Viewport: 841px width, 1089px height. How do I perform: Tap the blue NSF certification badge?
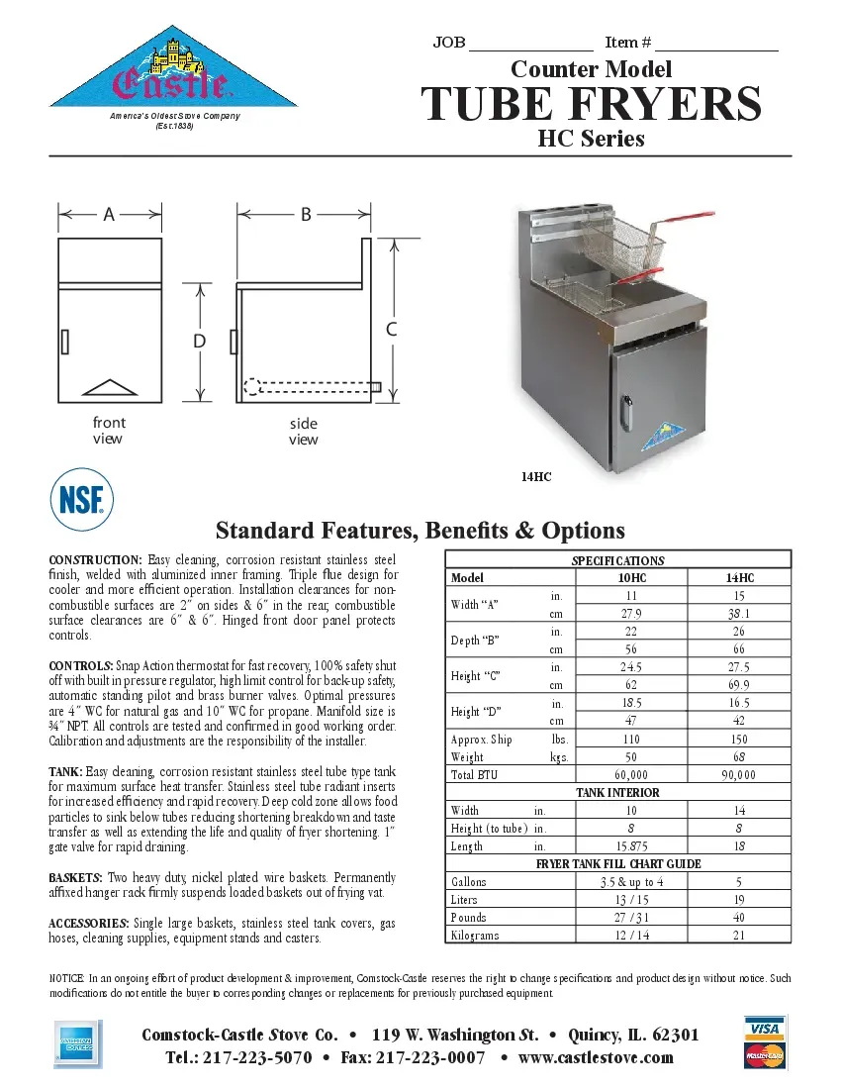pyautogui.click(x=81, y=499)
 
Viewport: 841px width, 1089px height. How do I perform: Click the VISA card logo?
pyautogui.click(x=764, y=1029)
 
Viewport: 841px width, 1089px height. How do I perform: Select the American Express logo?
pyautogui.click(x=77, y=1043)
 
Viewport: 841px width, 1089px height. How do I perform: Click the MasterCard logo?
pyautogui.click(x=764, y=1055)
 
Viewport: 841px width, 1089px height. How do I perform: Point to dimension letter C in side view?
pyautogui.click(x=392, y=330)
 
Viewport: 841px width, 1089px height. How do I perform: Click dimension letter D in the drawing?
pyautogui.click(x=199, y=341)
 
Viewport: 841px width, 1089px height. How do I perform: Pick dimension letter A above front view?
pyautogui.click(x=109, y=213)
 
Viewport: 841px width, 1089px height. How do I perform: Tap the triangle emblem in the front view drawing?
pyautogui.click(x=110, y=386)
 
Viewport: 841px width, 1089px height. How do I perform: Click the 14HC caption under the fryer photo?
pyautogui.click(x=535, y=477)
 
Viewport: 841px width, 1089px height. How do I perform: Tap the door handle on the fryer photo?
pyautogui.click(x=624, y=407)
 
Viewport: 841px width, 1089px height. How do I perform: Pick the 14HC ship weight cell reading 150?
pyautogui.click(x=738, y=740)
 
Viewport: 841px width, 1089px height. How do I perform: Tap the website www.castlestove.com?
pyautogui.click(x=596, y=1057)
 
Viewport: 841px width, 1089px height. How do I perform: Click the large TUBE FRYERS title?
pyautogui.click(x=591, y=104)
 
